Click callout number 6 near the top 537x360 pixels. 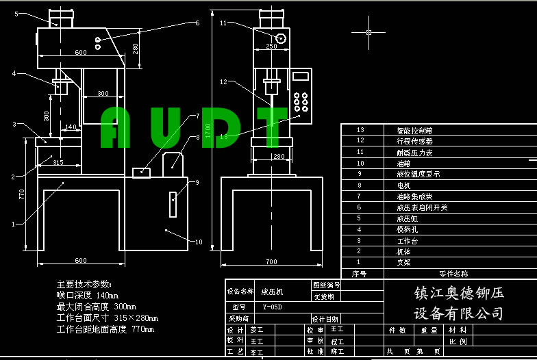tap(197, 23)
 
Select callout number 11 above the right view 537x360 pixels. tap(223, 23)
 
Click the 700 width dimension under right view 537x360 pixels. tap(271, 262)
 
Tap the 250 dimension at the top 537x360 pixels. tap(272, 47)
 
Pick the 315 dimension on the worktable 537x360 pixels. tap(58, 162)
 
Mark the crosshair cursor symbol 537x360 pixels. tap(369, 31)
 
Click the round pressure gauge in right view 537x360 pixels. tap(280, 36)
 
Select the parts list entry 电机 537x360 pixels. tap(403, 185)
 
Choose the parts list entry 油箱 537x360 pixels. tap(403, 164)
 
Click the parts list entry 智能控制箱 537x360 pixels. tap(415, 130)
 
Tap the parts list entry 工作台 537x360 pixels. tap(407, 241)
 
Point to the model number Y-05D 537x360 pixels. tap(272, 307)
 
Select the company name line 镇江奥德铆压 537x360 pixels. tap(459, 293)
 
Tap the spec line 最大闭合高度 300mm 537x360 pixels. tap(97, 307)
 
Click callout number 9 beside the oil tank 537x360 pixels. tap(197, 182)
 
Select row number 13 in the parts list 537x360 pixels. tap(360, 130)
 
